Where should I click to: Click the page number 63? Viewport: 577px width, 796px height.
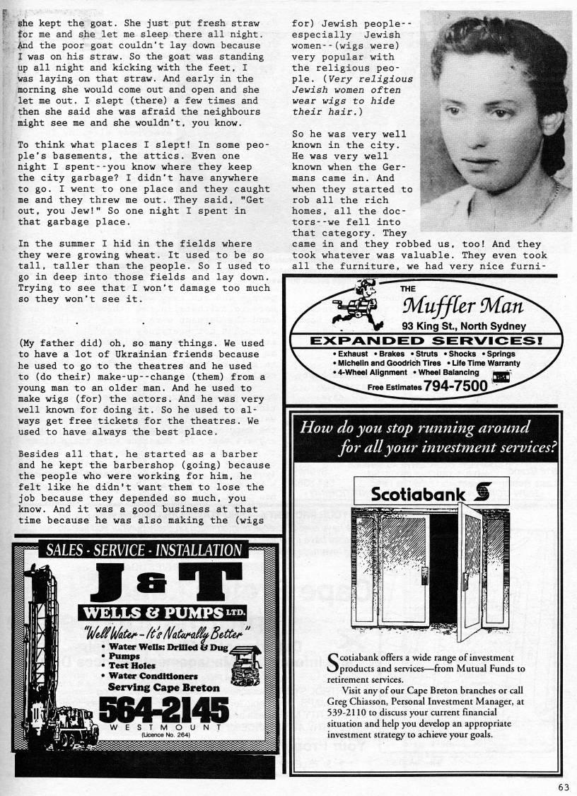click(x=563, y=785)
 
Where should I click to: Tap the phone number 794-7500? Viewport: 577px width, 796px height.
click(x=455, y=386)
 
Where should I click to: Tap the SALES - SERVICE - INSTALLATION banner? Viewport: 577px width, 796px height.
click(x=144, y=550)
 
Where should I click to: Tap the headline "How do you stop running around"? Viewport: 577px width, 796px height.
click(x=415, y=428)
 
